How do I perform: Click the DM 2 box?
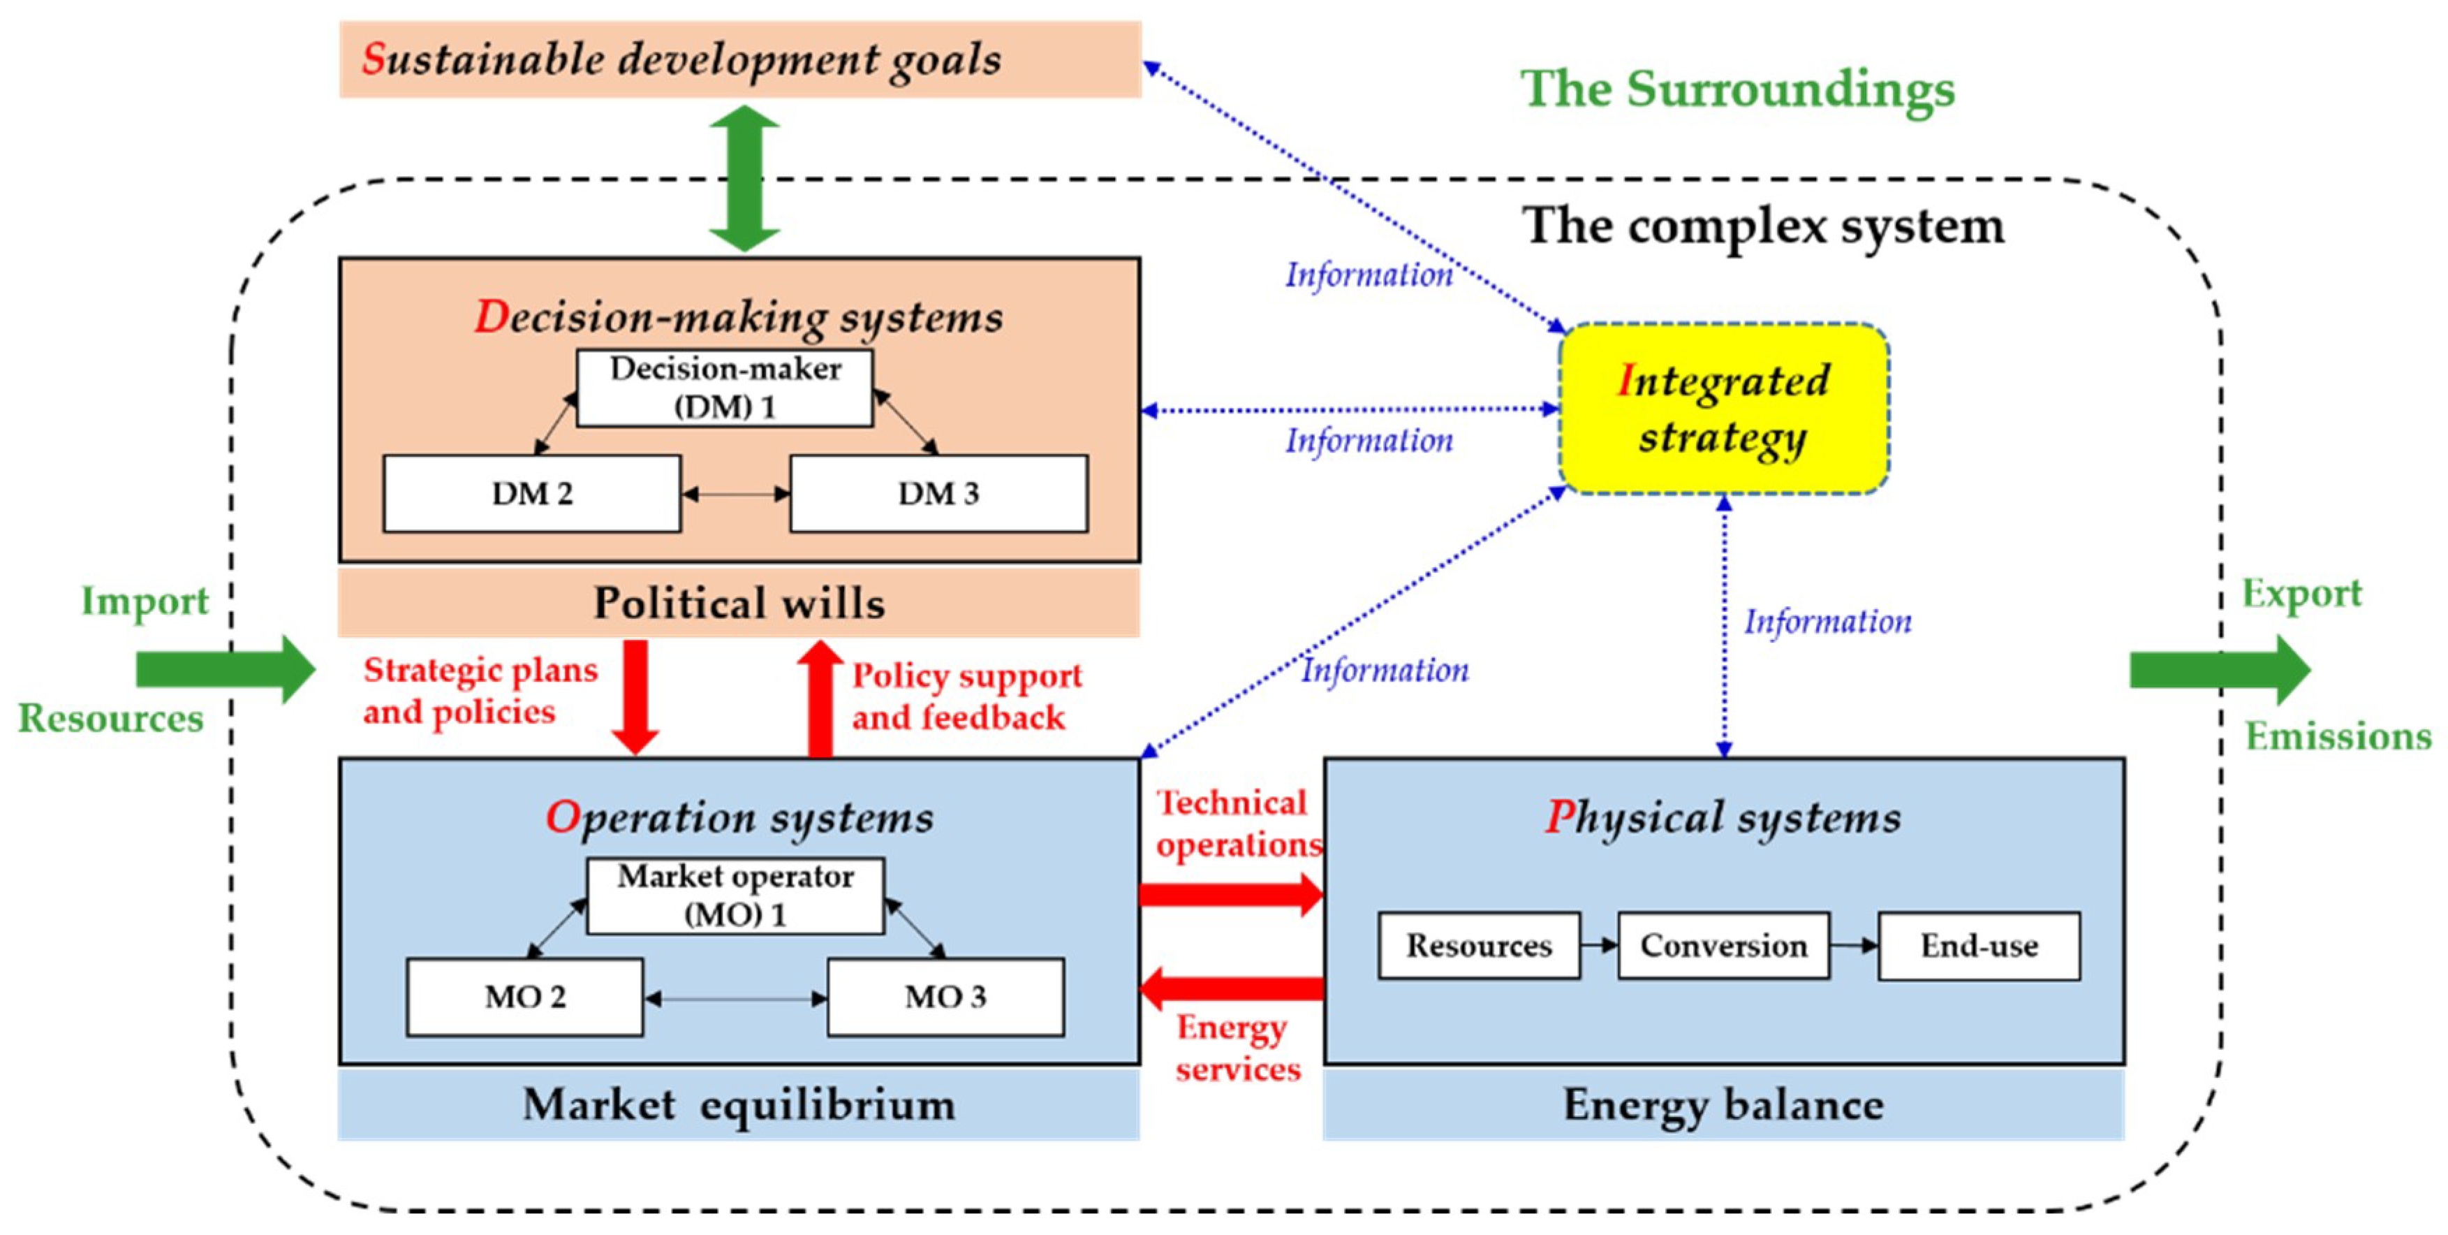[531, 493]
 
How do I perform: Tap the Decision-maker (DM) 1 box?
[725, 388]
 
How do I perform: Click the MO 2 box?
[524, 996]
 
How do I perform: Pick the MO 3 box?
[945, 996]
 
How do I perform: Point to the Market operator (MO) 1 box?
[735, 896]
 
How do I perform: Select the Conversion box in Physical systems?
[1723, 946]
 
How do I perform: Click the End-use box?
[1979, 946]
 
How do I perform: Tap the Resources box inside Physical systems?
[1479, 946]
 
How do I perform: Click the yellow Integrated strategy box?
[1723, 409]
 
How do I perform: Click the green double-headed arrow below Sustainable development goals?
[744, 178]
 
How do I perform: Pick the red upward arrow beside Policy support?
[819, 699]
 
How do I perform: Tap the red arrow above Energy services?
[1231, 988]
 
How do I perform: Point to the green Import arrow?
[226, 669]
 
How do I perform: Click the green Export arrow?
[2219, 669]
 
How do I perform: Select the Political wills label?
[739, 603]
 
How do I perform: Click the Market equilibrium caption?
[739, 1105]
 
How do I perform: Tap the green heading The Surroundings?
[1737, 89]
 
